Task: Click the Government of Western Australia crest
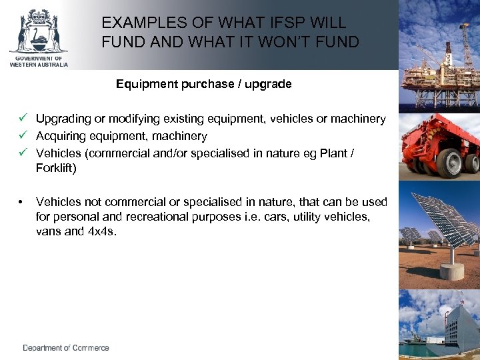pyautogui.click(x=38, y=32)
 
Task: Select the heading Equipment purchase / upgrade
pyautogui.click(x=203, y=85)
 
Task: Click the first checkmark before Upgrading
pyautogui.click(x=23, y=119)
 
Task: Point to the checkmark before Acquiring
pyautogui.click(x=23, y=136)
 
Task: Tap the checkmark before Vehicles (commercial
pyautogui.click(x=23, y=153)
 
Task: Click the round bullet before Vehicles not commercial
pyautogui.click(x=23, y=201)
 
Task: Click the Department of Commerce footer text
pyautogui.click(x=66, y=348)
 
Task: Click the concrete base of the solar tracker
pyautogui.click(x=452, y=271)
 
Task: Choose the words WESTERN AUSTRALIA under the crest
pyautogui.click(x=38, y=64)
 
